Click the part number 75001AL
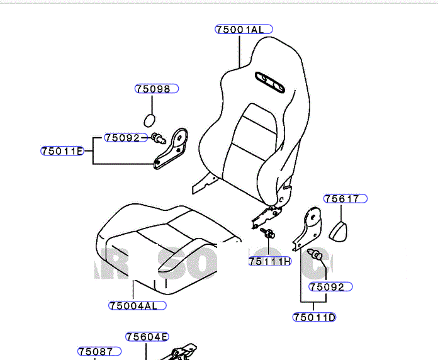[x=243, y=30]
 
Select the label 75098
[x=156, y=89]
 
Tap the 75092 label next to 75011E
[x=122, y=138]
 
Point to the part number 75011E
[x=62, y=151]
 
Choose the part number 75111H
[x=269, y=261]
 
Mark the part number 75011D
[x=314, y=317]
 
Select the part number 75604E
[x=147, y=337]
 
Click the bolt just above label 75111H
[x=269, y=235]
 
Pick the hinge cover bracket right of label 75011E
[x=173, y=149]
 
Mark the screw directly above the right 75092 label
[x=317, y=255]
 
